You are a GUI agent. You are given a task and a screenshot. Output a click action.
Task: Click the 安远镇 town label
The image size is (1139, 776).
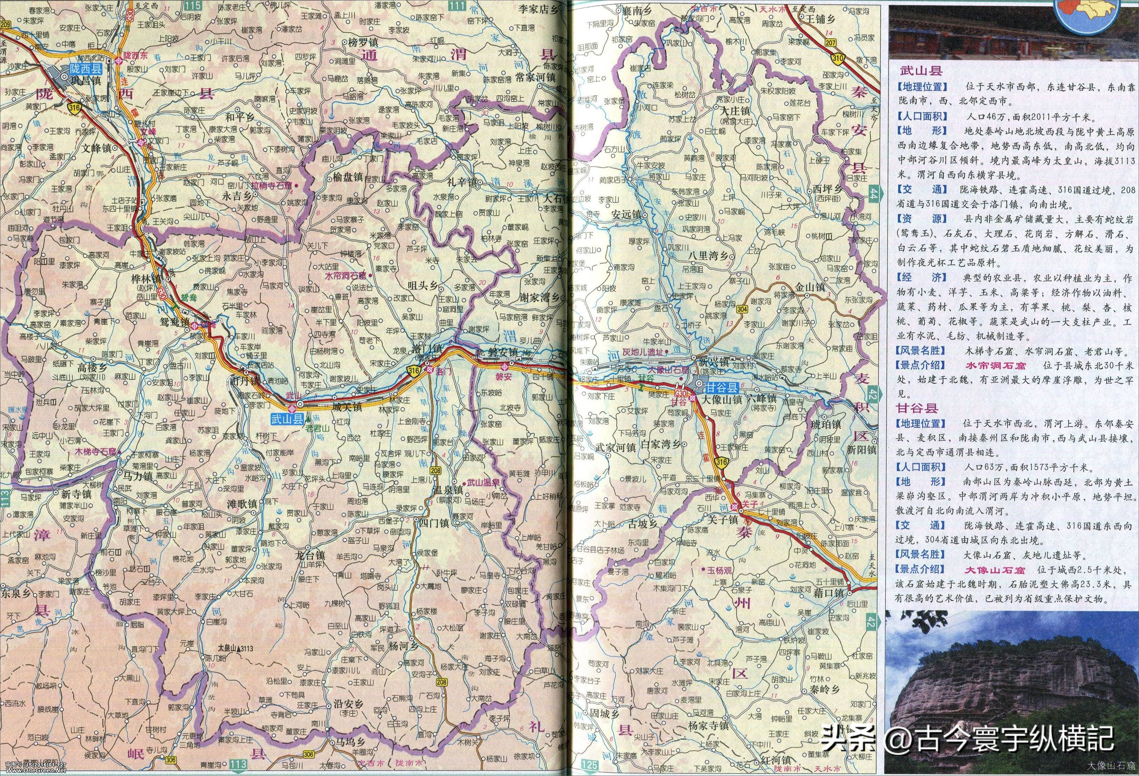[x=626, y=214]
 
